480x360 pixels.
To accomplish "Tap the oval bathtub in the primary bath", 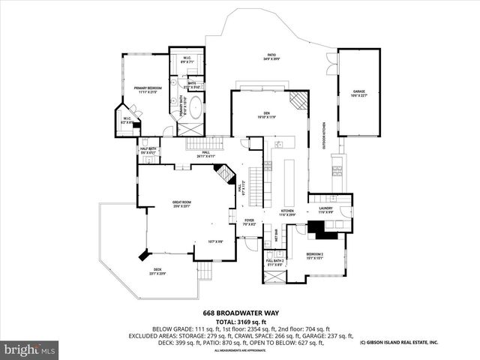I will pyautogui.click(x=193, y=107).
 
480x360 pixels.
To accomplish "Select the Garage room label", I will pyautogui.click(x=359, y=94).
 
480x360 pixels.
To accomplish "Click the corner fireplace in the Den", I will pyautogui.click(x=298, y=101).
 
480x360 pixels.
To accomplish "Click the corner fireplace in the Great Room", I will pyautogui.click(x=223, y=176).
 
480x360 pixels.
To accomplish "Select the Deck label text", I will pyautogui.click(x=157, y=271).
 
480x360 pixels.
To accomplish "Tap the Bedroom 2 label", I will pyautogui.click(x=314, y=256).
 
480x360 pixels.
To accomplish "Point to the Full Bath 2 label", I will pyautogui.click(x=274, y=262).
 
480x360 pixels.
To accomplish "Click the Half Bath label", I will pyautogui.click(x=148, y=151).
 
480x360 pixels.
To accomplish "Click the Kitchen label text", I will pyautogui.click(x=288, y=213).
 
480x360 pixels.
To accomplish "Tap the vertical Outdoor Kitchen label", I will pyautogui.click(x=324, y=135).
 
